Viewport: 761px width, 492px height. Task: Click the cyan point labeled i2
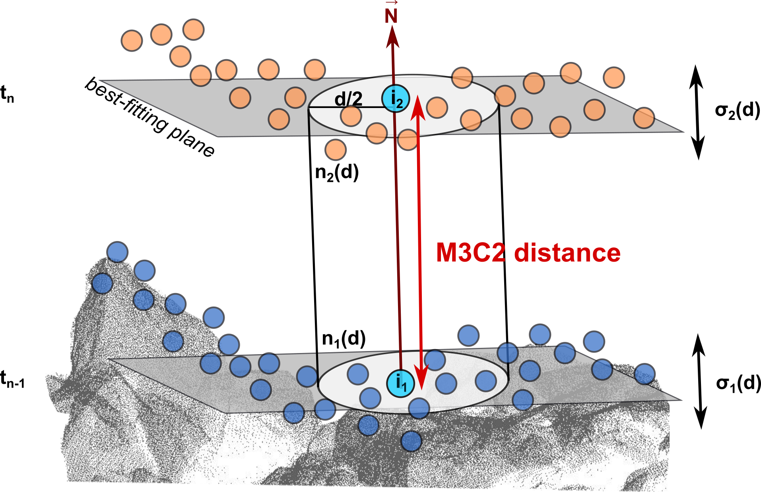[x=395, y=98]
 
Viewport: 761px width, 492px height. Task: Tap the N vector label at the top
[x=391, y=15]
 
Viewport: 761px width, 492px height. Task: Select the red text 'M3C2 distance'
[x=528, y=253]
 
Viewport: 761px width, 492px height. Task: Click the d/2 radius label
[x=348, y=98]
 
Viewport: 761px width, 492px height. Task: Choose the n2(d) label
[x=337, y=173]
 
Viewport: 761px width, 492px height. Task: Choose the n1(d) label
[x=344, y=339]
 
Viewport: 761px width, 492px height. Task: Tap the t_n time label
[x=7, y=95]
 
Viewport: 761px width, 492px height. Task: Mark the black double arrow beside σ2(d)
[x=697, y=112]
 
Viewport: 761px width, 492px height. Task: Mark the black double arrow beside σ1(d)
[x=699, y=381]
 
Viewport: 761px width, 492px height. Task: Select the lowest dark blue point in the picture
[x=411, y=441]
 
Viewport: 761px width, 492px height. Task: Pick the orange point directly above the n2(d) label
[x=336, y=149]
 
